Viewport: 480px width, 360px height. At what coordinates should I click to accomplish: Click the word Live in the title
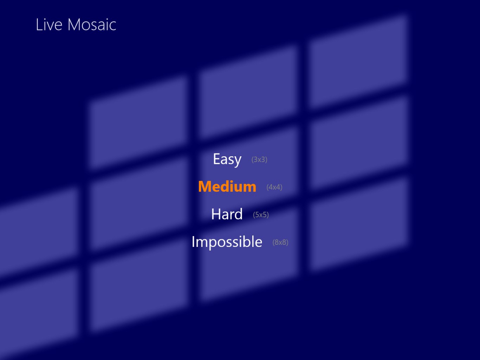tap(49, 25)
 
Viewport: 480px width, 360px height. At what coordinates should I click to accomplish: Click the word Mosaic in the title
tap(92, 25)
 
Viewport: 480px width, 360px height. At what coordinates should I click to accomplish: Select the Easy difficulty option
tap(227, 159)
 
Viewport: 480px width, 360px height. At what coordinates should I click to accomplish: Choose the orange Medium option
tap(227, 186)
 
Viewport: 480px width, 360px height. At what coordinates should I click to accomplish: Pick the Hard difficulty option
tap(227, 214)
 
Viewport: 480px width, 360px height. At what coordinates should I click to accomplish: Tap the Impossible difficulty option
tap(227, 242)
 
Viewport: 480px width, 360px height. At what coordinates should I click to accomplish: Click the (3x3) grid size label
tap(259, 159)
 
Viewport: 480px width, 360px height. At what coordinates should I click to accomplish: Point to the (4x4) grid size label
tap(274, 187)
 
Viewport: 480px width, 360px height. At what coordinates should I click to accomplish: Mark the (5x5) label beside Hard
tap(261, 215)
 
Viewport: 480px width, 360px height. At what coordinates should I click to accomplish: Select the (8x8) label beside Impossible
tap(280, 242)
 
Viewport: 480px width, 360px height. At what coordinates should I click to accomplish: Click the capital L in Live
tap(39, 25)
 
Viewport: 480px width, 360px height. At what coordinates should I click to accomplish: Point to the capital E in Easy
tap(216, 159)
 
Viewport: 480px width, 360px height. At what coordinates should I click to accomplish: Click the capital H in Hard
tap(216, 214)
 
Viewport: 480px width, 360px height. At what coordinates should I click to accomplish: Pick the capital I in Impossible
tap(193, 242)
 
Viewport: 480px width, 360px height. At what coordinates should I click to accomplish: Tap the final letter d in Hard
tap(238, 214)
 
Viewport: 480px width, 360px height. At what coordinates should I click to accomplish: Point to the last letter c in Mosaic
tap(112, 26)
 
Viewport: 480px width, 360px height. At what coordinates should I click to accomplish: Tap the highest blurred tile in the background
tap(358, 61)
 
